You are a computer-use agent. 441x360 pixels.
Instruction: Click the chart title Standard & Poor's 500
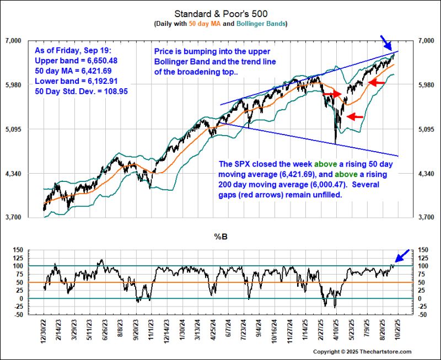pos(220,13)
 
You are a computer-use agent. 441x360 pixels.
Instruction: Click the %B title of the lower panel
pos(220,237)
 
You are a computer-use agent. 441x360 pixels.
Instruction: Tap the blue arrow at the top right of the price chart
pos(388,42)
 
